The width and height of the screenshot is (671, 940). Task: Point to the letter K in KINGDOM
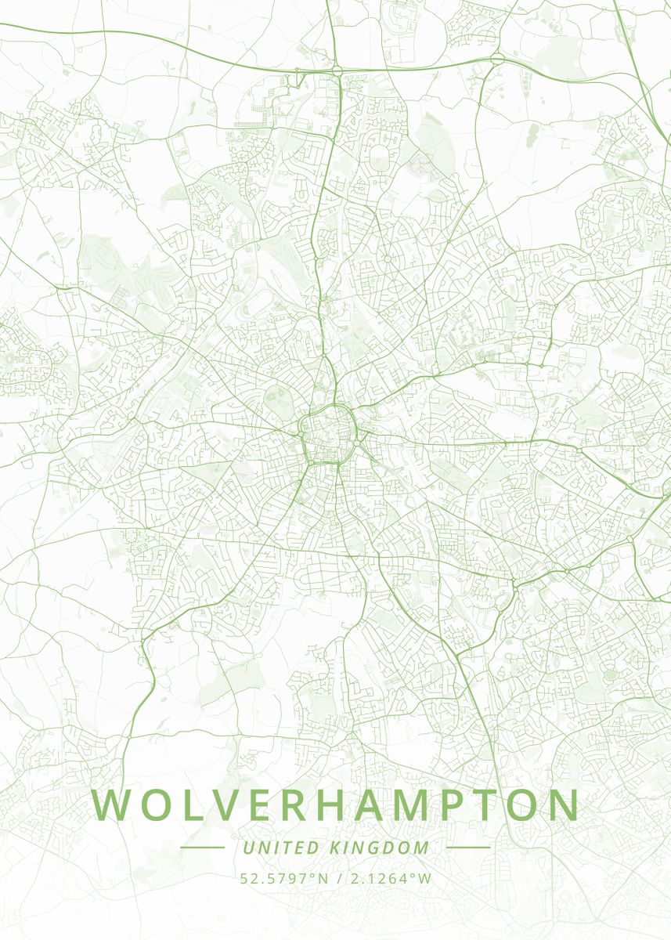333,848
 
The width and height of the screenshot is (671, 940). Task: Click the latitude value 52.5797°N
284,878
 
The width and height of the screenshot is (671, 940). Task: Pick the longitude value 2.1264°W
391,878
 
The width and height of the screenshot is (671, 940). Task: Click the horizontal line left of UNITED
202,848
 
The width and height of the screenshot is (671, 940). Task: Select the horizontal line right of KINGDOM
467,848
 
